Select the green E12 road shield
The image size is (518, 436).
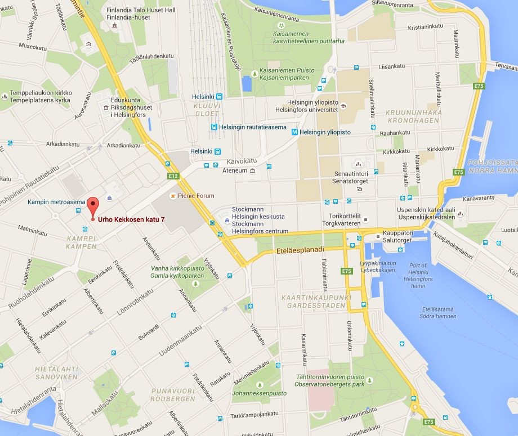point(172,176)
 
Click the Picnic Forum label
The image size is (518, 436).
point(195,196)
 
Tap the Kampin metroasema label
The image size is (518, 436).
point(56,201)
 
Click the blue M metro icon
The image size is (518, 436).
point(294,132)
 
